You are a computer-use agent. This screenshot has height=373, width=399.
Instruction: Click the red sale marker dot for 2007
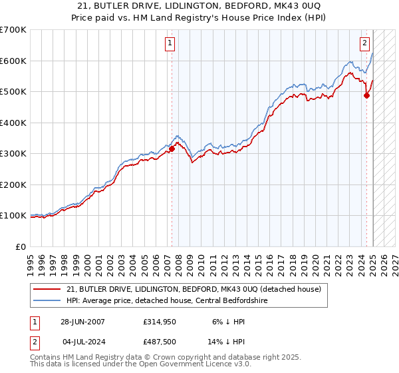point(172,149)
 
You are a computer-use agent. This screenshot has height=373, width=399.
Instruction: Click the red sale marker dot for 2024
point(366,96)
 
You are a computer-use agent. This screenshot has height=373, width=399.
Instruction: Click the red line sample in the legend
point(47,289)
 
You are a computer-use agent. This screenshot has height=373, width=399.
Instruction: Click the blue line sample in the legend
point(47,300)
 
